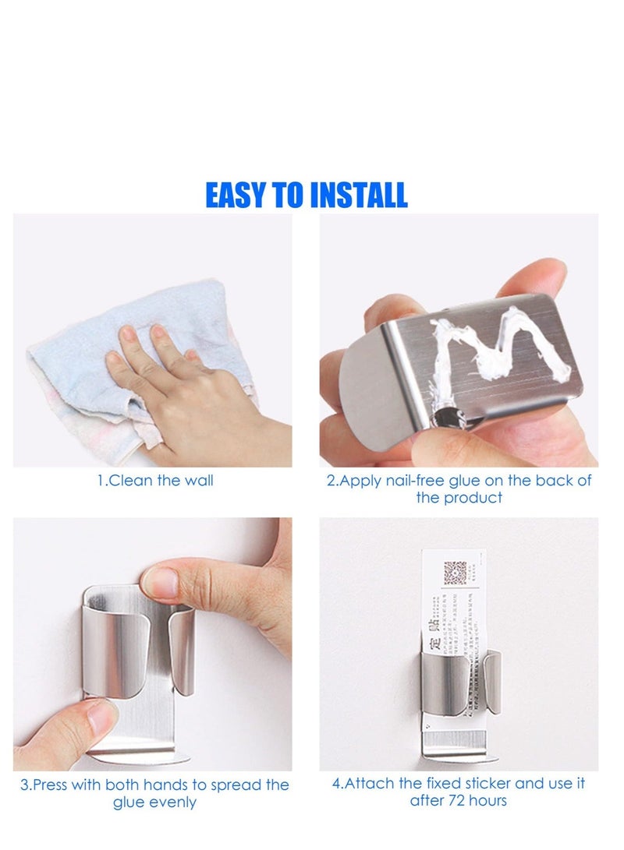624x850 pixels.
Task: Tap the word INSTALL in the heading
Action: (x=359, y=195)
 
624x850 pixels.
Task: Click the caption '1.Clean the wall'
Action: (x=155, y=481)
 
